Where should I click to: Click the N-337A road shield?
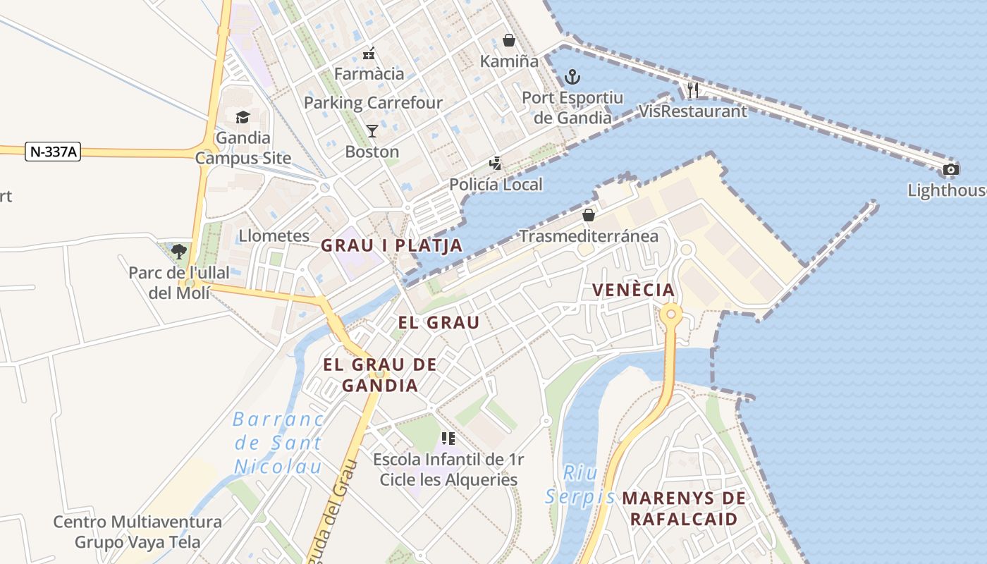[x=53, y=152]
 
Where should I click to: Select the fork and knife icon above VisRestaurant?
[x=692, y=90]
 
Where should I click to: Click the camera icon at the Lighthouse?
[x=950, y=169]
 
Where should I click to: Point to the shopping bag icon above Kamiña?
[x=509, y=40]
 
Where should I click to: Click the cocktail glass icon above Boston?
[x=372, y=131]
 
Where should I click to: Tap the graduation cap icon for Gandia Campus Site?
[x=243, y=117]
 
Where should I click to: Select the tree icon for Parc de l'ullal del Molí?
[x=179, y=251]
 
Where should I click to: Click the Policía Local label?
[x=496, y=185]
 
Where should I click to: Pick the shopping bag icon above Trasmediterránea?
[x=589, y=215]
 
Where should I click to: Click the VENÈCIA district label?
[x=633, y=290]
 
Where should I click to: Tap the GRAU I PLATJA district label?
[x=391, y=245]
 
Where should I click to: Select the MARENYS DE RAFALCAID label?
[x=683, y=509]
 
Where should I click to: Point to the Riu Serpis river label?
[x=580, y=485]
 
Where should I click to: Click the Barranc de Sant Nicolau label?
[x=278, y=443]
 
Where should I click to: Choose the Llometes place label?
[x=274, y=235]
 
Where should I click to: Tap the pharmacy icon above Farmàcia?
[x=369, y=53]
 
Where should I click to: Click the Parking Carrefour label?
[x=373, y=103]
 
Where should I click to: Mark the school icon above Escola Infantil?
[x=448, y=439]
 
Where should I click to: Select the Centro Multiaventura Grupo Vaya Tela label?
[x=137, y=532]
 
